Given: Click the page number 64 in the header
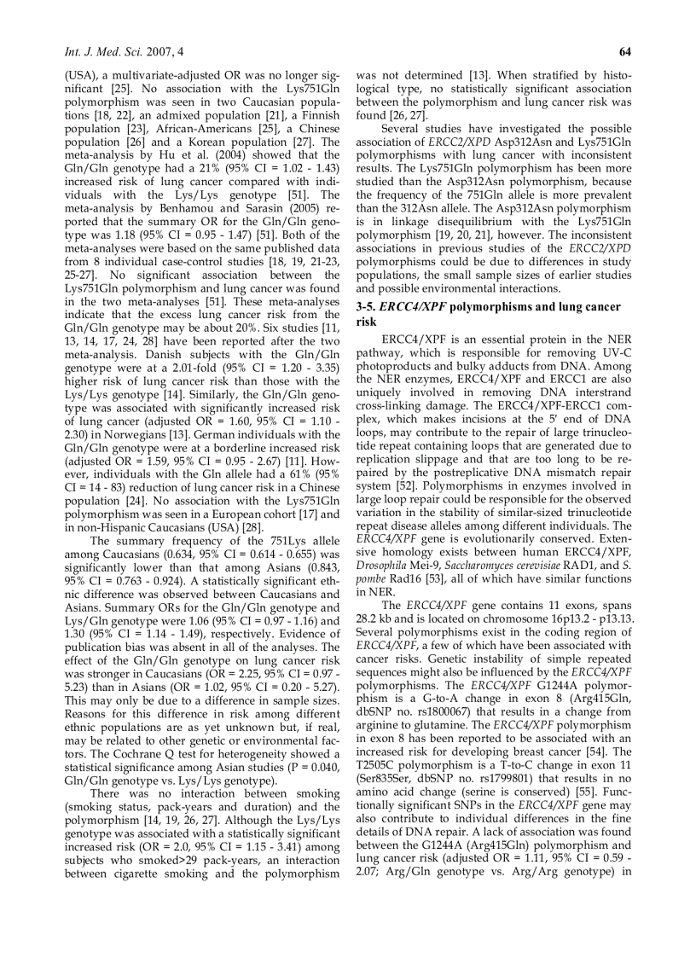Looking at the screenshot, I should click(624, 53).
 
